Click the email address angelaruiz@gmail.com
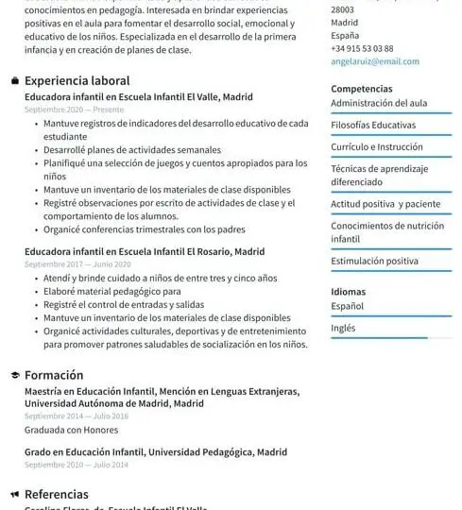375,61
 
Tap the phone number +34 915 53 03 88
362,48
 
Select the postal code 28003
342,9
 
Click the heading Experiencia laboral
77,81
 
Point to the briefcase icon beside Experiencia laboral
15,81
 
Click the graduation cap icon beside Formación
15,375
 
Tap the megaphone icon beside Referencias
15,494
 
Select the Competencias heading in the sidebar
362,89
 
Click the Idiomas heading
348,292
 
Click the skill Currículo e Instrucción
377,147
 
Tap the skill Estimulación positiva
374,261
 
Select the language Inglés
343,328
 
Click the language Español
347,306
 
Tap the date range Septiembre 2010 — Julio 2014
76,465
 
